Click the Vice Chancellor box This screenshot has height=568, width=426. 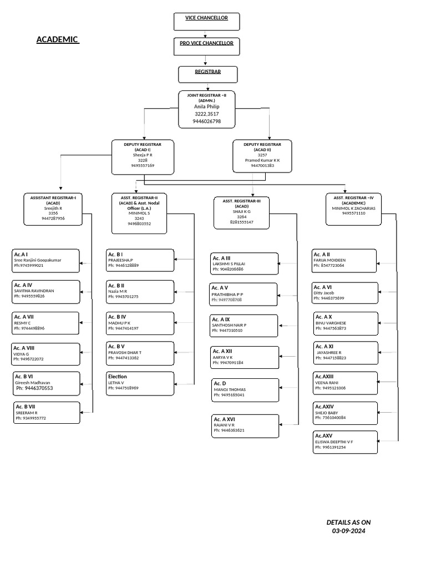coord(206,22)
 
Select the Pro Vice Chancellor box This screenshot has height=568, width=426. coord(206,47)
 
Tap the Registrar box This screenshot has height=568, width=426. coord(207,74)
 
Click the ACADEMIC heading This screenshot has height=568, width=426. coord(58,39)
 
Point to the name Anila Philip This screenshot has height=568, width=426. coord(207,106)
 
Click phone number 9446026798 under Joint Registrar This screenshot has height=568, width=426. coord(207,121)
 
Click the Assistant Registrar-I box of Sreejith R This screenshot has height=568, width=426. coord(53,209)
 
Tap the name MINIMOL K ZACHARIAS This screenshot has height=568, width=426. coord(354,208)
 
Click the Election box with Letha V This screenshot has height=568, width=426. coord(140,382)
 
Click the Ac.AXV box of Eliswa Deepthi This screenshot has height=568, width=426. coord(345,442)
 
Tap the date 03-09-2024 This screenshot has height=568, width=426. coord(348,531)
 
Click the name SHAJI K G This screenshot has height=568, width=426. coord(241,211)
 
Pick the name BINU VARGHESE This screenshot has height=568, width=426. coord(331,323)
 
